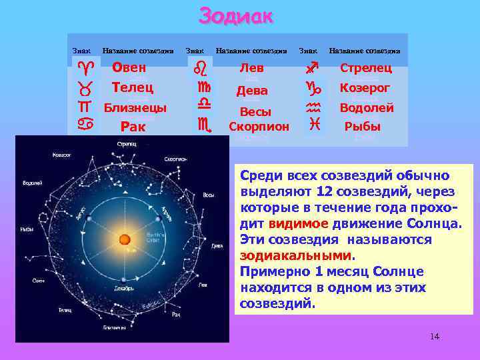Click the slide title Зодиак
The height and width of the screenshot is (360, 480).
236,15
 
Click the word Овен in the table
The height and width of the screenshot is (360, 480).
129,67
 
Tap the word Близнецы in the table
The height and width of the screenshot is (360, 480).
135,108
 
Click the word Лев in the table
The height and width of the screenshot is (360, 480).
252,68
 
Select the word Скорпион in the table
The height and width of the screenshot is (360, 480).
259,126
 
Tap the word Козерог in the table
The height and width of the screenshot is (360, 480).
365,88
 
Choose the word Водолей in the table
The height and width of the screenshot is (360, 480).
367,108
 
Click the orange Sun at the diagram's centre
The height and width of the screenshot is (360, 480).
124,239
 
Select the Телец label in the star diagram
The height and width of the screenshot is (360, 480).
65,310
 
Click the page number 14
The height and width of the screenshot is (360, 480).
435,337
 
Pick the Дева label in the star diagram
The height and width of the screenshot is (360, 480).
217,245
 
